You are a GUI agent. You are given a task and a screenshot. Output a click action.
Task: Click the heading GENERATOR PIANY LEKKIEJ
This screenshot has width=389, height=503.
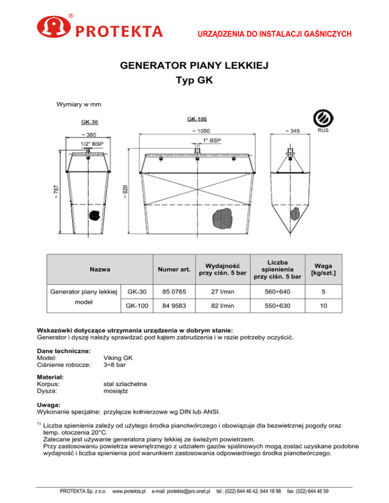194,66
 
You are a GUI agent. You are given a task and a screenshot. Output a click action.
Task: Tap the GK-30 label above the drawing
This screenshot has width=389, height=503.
90,122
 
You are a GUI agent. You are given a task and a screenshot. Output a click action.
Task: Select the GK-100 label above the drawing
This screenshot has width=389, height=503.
196,119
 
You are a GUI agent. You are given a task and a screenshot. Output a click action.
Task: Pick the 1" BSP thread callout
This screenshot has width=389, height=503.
212,140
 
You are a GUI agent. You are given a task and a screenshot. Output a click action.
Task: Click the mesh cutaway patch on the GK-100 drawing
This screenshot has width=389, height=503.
221,217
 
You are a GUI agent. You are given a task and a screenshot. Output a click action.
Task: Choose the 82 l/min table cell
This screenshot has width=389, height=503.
222,306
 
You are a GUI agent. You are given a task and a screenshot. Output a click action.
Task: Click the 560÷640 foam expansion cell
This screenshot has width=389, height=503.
278,291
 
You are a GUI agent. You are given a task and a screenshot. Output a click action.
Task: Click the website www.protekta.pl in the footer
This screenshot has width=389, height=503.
129,491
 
